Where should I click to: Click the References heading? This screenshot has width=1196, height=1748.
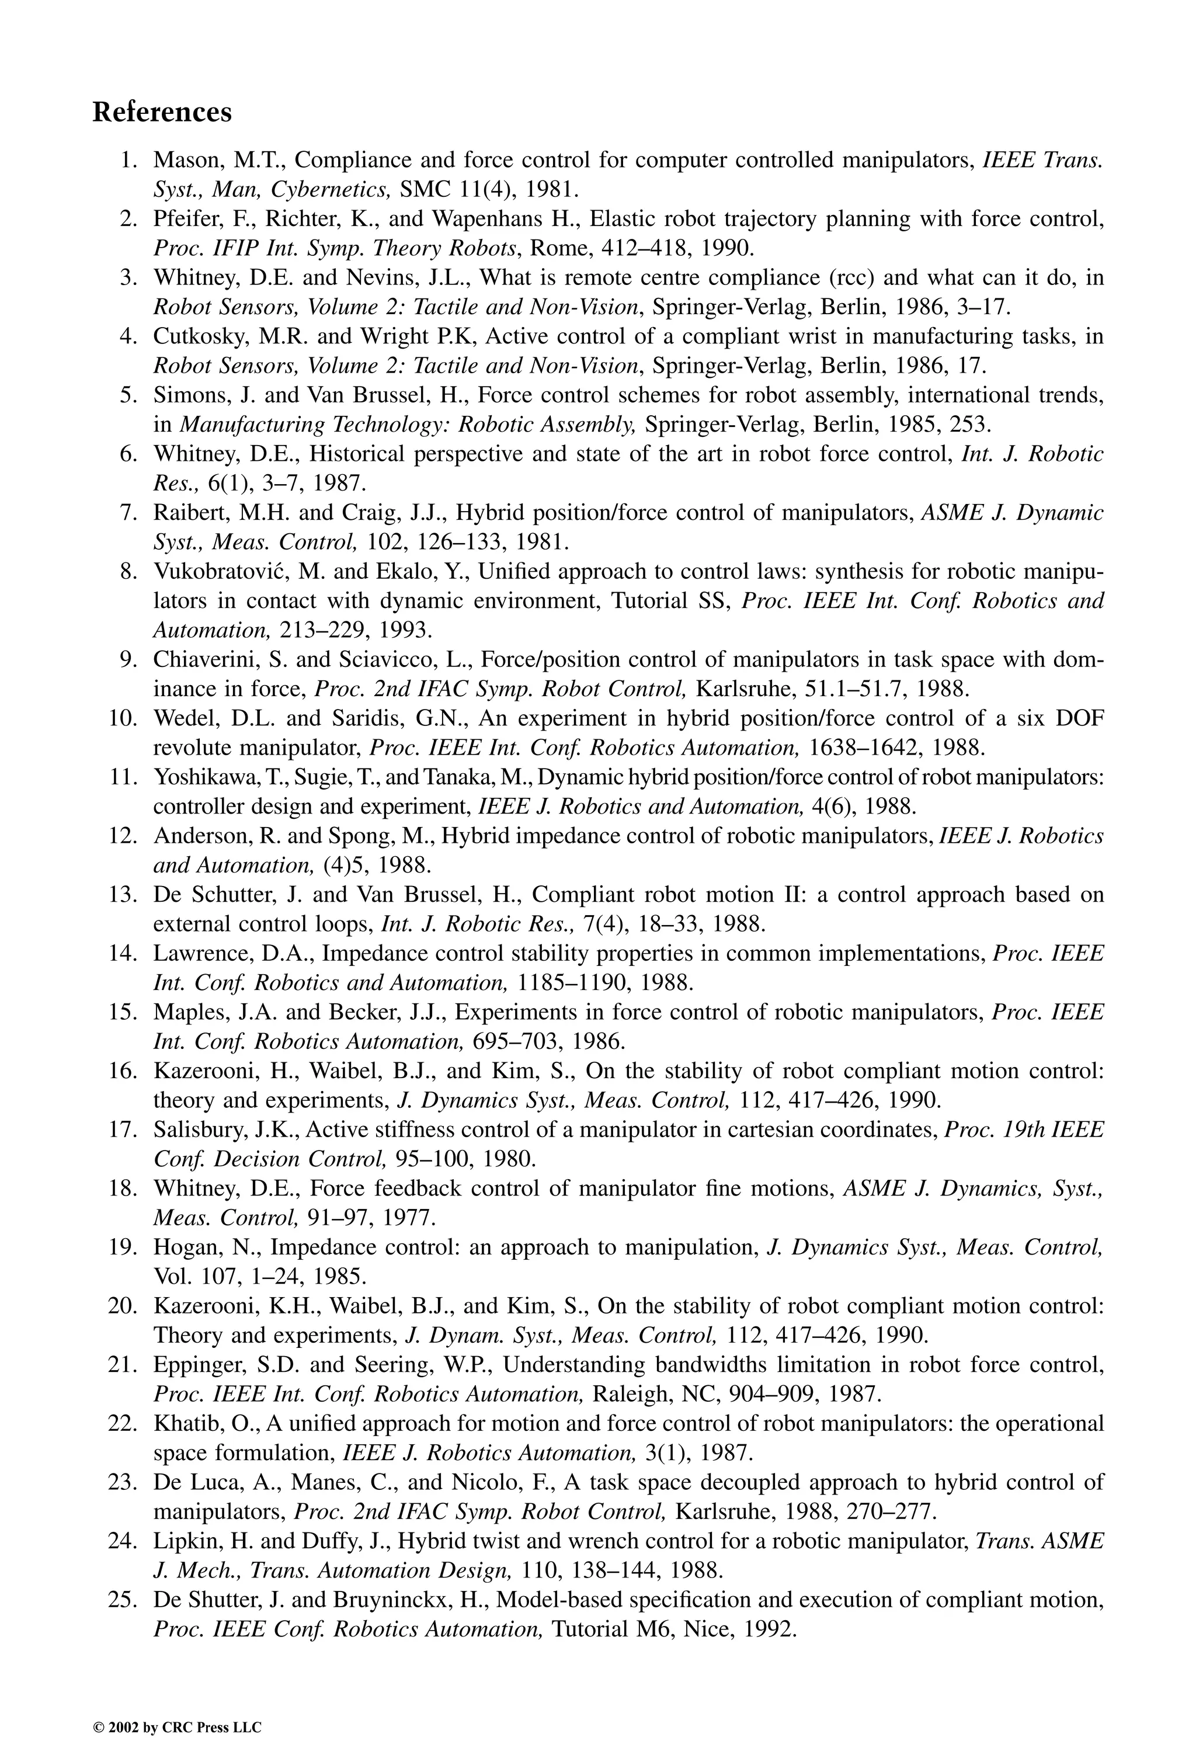click(162, 113)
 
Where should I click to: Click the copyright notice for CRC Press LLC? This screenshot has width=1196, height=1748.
click(177, 1707)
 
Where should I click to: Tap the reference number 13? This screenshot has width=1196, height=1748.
click(123, 895)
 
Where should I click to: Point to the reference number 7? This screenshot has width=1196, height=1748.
click(127, 513)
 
